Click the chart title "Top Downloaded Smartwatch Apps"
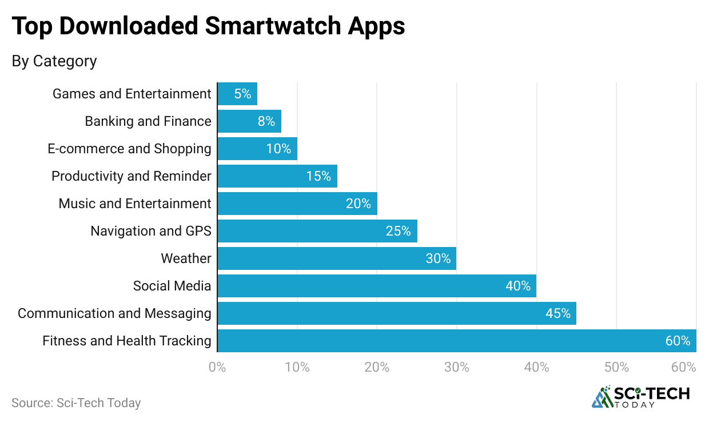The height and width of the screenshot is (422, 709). tap(208, 27)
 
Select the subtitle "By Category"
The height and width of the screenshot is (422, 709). tap(54, 61)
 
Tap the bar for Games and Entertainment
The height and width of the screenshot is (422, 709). tap(237, 94)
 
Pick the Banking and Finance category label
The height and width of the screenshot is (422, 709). tap(148, 121)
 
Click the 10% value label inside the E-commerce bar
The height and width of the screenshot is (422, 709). tap(278, 149)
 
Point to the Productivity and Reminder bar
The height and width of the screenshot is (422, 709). tap(277, 176)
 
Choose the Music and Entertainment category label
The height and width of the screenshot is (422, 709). tap(135, 204)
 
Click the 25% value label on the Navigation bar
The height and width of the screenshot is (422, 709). tap(398, 231)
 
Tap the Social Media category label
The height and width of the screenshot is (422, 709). tap(172, 286)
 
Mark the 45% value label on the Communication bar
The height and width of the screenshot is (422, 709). tap(557, 313)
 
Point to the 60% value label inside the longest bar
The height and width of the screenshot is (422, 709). tap(678, 341)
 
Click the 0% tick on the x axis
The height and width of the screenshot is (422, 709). tap(217, 368)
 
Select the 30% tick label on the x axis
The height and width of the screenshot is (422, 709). tap(457, 368)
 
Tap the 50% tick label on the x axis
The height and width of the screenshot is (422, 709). tap(616, 368)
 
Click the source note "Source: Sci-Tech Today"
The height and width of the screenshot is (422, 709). tap(76, 403)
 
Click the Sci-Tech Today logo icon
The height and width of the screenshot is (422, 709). tap(602, 396)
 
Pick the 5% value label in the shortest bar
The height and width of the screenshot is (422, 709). tap(242, 94)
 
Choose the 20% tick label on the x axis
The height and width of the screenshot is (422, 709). tap(377, 368)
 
